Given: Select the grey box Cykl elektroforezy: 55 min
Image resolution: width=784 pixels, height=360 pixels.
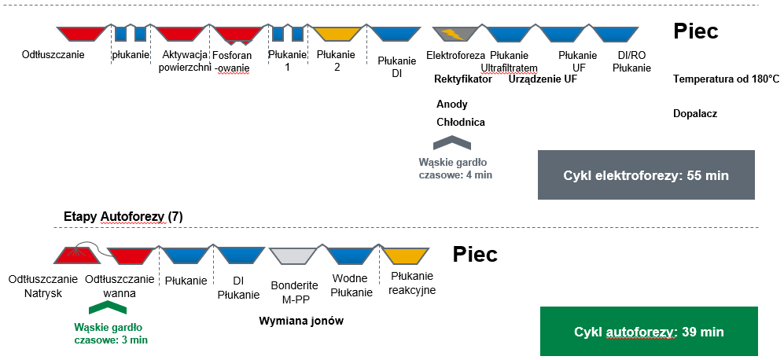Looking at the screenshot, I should pyautogui.click(x=646, y=174).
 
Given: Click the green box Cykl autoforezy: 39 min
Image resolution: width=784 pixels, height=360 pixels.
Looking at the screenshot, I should pyautogui.click(x=649, y=331).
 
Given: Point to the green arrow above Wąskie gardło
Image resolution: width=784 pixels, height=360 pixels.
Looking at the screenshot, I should pyautogui.click(x=109, y=309).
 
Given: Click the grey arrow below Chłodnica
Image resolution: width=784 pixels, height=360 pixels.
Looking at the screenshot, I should pyautogui.click(x=452, y=142).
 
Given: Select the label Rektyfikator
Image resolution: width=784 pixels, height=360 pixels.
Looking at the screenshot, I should pyautogui.click(x=463, y=79).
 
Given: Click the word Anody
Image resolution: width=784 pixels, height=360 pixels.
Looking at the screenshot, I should pyautogui.click(x=451, y=104).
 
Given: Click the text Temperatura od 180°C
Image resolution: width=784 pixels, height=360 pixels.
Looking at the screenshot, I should pyautogui.click(x=726, y=79).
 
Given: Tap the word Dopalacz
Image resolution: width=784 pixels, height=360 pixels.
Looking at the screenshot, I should pyautogui.click(x=695, y=113).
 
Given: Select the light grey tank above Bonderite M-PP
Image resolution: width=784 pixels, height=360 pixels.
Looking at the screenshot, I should pyautogui.click(x=293, y=255).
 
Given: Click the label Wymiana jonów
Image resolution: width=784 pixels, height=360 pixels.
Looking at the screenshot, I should pyautogui.click(x=301, y=321).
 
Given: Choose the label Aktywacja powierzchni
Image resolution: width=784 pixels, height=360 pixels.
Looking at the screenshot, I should pyautogui.click(x=184, y=61).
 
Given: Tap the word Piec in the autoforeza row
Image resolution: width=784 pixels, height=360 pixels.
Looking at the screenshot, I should pyautogui.click(x=475, y=255).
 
